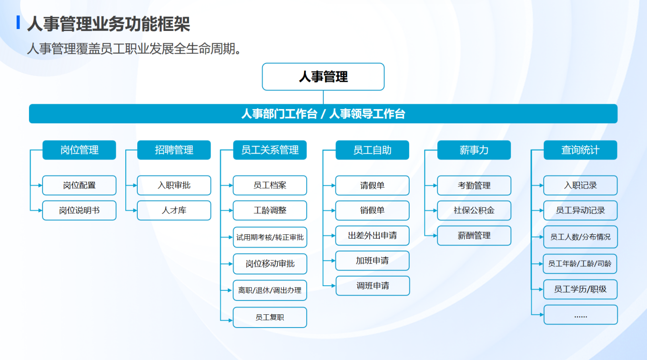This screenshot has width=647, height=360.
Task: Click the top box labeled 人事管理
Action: [x=323, y=77]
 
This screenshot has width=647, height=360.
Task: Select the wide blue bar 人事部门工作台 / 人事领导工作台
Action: [x=323, y=114]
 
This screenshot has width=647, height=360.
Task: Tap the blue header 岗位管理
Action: [x=79, y=150]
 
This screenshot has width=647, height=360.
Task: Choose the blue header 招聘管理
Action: [x=174, y=150]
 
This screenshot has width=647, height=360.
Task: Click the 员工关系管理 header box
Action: [x=270, y=150]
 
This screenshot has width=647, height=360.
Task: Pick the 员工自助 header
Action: [x=372, y=150]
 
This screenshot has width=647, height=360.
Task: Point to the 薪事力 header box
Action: [x=474, y=150]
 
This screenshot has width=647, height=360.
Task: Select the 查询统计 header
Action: [x=580, y=150]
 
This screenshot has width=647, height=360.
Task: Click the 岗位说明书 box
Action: [x=79, y=210]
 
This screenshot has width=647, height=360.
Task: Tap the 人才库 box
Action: [x=174, y=210]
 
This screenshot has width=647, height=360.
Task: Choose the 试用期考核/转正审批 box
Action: [x=270, y=237]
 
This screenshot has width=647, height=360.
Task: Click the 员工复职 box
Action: [x=270, y=317]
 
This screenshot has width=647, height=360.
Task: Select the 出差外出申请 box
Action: [x=372, y=236]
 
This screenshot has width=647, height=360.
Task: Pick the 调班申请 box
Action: [x=373, y=286]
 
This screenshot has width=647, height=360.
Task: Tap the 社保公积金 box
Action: [x=474, y=210]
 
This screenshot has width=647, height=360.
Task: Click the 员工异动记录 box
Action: [x=580, y=210]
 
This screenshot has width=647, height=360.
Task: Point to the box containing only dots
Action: [x=581, y=315]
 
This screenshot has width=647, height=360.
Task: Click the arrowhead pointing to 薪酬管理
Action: [x=435, y=236]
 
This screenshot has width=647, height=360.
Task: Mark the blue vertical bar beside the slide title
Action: [x=18, y=22]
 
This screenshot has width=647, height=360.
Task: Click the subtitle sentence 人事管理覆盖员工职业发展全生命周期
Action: [x=134, y=49]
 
